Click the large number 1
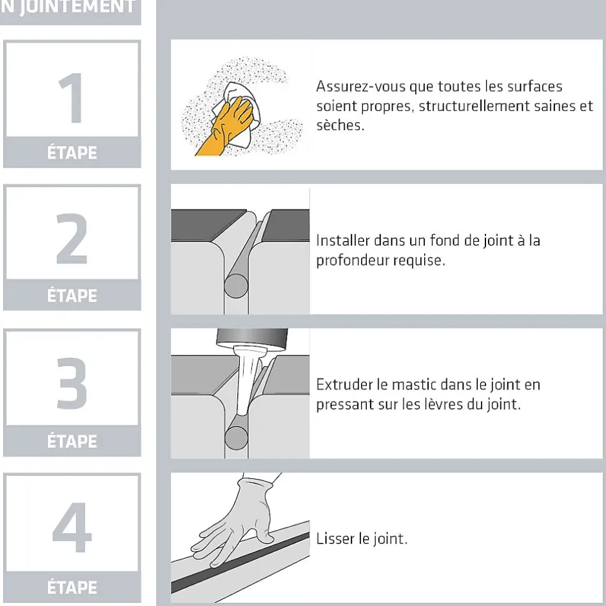coord(72,98)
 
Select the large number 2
coord(72,239)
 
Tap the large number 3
coord(72,385)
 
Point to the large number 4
coord(72,529)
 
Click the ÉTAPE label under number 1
coord(72,153)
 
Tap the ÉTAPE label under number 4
coord(72,587)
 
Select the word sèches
coord(340,125)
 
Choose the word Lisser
coord(331,539)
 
